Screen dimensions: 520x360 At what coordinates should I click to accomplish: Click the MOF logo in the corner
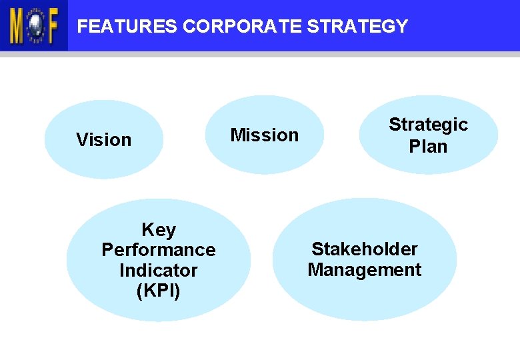(x=33, y=25)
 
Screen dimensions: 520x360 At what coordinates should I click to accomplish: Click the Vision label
(x=103, y=140)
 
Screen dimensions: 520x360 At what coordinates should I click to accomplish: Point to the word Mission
(x=264, y=135)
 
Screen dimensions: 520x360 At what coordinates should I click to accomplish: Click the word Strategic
(x=428, y=125)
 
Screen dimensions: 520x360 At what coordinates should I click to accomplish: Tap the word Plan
(x=428, y=146)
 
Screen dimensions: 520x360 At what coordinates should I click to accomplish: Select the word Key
(x=159, y=230)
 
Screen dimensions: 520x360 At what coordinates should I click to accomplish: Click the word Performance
(x=159, y=250)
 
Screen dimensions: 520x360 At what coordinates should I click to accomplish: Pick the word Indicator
(x=159, y=271)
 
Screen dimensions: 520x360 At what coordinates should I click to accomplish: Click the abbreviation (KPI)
(x=158, y=291)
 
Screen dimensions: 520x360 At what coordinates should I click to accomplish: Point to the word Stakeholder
(x=365, y=249)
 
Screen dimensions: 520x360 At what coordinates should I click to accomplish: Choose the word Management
(x=365, y=270)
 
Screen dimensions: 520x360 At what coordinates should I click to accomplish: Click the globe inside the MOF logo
(x=33, y=26)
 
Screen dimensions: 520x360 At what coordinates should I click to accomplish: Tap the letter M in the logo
(x=17, y=26)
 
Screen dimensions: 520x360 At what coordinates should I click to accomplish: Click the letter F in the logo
(x=51, y=26)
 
